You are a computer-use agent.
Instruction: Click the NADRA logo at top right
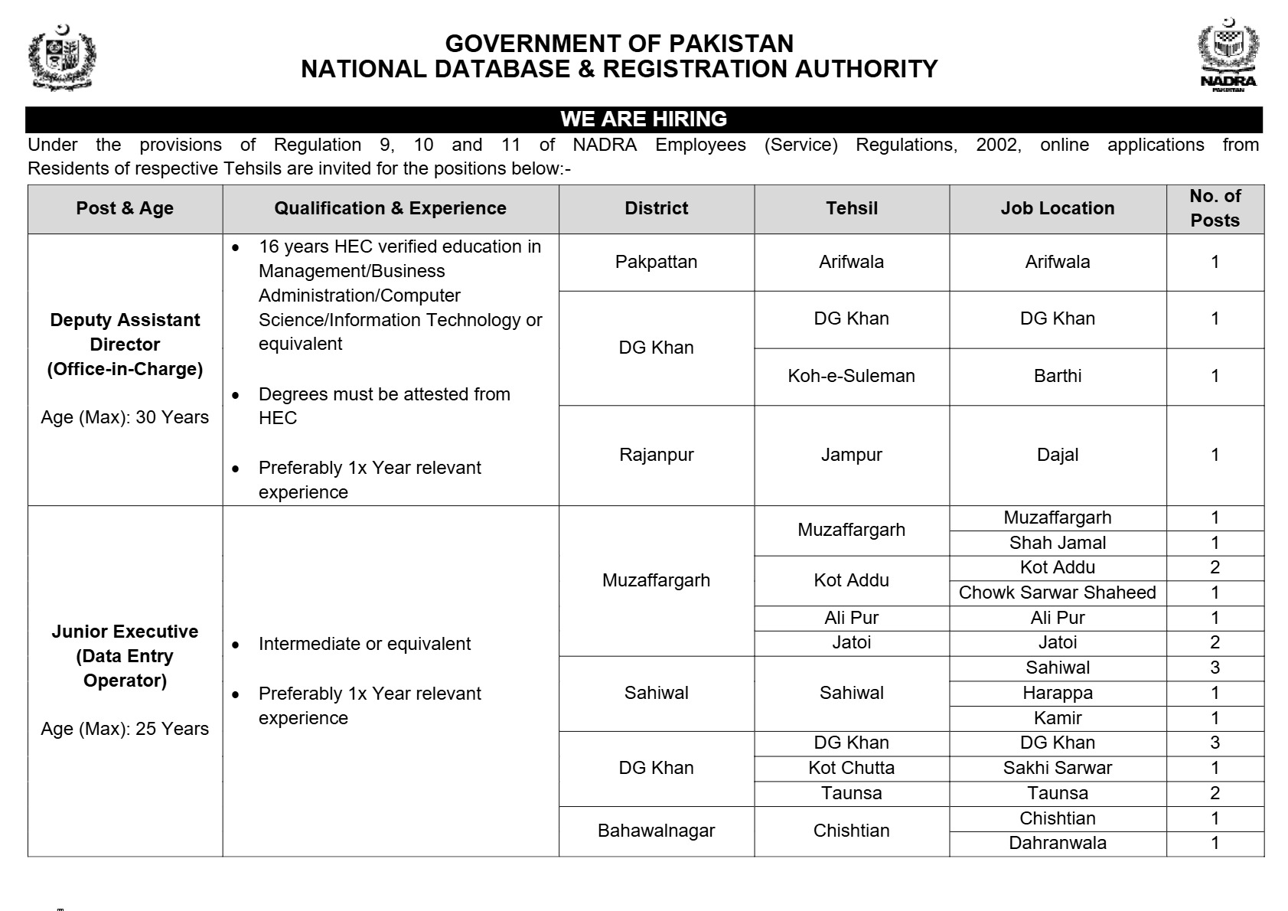(1228, 56)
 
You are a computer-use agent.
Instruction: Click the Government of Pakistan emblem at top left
(62, 57)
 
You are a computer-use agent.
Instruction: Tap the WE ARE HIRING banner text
(644, 119)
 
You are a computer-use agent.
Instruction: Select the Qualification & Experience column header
(390, 208)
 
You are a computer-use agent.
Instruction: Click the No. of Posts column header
(1215, 208)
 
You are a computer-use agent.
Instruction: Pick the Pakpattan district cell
(656, 262)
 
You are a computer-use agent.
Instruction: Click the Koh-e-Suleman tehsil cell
(851, 376)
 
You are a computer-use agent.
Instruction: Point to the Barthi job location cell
(1057, 376)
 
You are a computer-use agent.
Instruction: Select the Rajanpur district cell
(656, 455)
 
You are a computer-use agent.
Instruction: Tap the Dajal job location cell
(1057, 455)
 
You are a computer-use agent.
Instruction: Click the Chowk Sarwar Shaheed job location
(1057, 593)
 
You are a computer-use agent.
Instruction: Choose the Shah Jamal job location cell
(1057, 543)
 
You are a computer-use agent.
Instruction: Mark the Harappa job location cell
(1057, 693)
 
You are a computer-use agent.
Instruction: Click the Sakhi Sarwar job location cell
(1057, 768)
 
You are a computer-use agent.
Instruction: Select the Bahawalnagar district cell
(656, 831)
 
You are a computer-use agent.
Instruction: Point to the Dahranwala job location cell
(1057, 843)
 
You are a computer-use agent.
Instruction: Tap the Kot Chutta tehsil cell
(851, 768)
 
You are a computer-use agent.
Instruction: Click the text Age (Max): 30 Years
(125, 417)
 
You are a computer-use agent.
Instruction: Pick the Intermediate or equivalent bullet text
(364, 644)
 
